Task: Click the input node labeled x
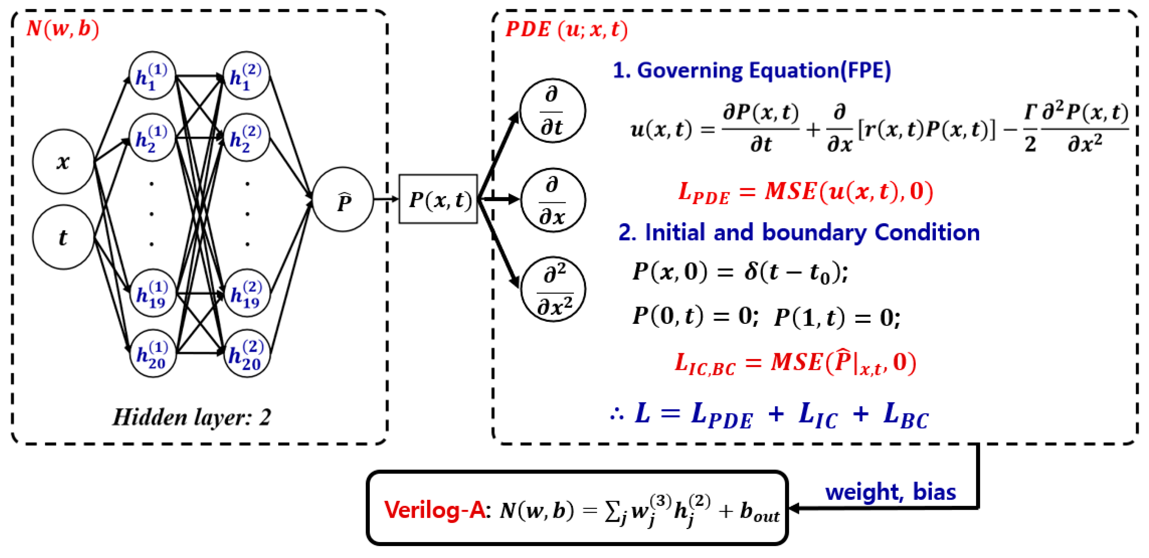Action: pyautogui.click(x=63, y=161)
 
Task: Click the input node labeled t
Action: pyautogui.click(x=63, y=237)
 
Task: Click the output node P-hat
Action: pyautogui.click(x=343, y=199)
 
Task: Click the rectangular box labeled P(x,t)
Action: pyautogui.click(x=438, y=199)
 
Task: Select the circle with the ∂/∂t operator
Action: pyautogui.click(x=552, y=111)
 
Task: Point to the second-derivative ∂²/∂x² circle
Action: pyautogui.click(x=553, y=289)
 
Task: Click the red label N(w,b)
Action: pyautogui.click(x=63, y=29)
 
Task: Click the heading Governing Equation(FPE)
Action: pyautogui.click(x=752, y=71)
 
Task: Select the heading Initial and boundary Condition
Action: pyautogui.click(x=798, y=232)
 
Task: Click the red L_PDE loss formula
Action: pyautogui.click(x=805, y=192)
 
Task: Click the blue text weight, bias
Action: pyautogui.click(x=890, y=491)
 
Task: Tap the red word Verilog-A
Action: pyautogui.click(x=434, y=510)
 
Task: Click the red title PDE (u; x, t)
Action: pyautogui.click(x=566, y=29)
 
